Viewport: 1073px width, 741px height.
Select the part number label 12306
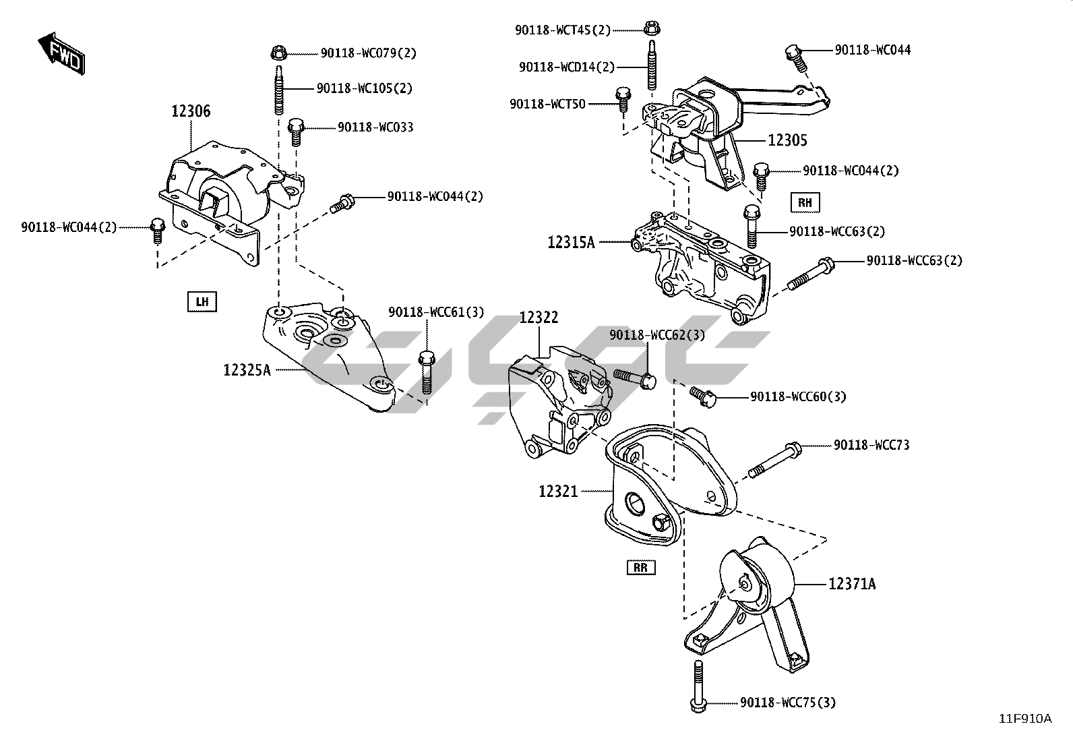190,111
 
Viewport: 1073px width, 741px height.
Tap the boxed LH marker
202,301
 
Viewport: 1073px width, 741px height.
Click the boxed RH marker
805,202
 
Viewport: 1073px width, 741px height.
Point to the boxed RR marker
640,567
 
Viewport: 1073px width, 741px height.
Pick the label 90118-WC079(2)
368,53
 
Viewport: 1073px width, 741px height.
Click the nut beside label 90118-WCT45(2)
650,28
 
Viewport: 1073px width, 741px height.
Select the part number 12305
787,140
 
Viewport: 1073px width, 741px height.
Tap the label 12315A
571,241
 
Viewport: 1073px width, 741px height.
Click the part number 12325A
247,369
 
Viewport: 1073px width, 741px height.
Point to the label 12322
539,317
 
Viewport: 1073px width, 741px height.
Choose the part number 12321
558,492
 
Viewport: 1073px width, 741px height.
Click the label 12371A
852,584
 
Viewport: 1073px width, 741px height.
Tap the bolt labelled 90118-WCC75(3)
698,684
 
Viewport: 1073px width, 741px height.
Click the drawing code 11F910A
1024,719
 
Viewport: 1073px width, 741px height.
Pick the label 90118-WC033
375,127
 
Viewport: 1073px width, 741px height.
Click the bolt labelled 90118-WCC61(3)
426,372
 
